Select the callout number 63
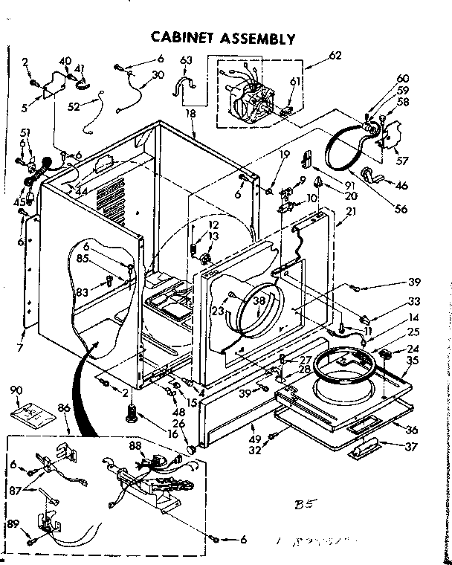pyautogui.click(x=186, y=60)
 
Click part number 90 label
pyautogui.click(x=16, y=390)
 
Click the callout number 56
pyautogui.click(x=401, y=209)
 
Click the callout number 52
pyautogui.click(x=73, y=106)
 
